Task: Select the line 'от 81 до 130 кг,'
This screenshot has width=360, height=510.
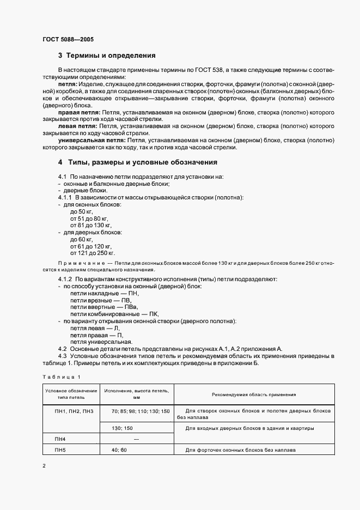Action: click(x=91, y=225)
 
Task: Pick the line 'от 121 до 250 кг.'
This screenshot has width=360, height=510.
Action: click(x=93, y=253)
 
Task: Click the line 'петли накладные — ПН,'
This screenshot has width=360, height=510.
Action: click(x=101, y=293)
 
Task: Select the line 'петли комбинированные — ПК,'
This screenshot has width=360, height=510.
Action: click(x=111, y=314)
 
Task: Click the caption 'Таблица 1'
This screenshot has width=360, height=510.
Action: click(x=61, y=377)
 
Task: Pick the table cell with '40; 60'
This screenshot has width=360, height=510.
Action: click(x=119, y=451)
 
